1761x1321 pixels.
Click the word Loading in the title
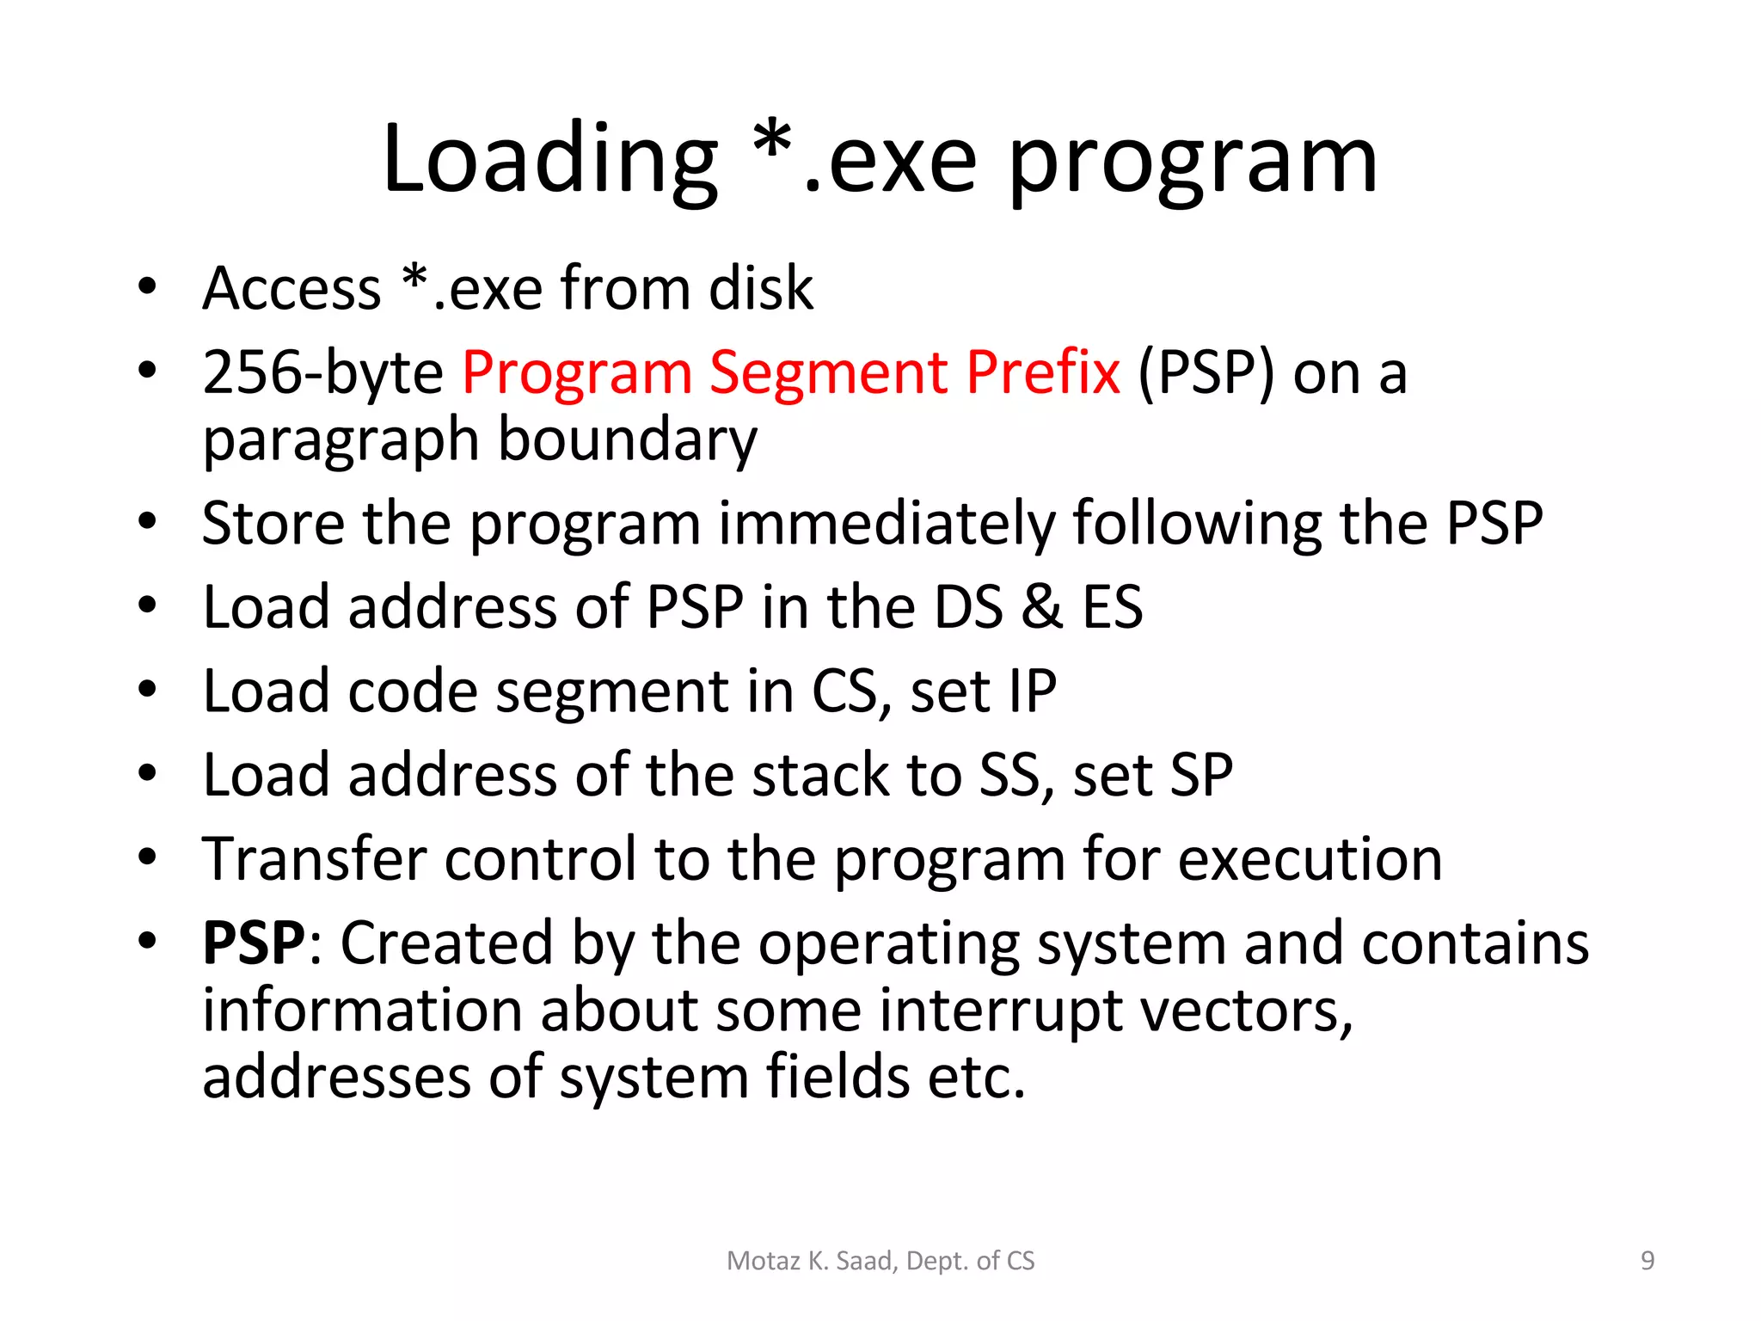click(x=549, y=160)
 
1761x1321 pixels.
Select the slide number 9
click(x=1647, y=1261)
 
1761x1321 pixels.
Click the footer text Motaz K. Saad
click(x=812, y=1261)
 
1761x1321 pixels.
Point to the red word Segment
click(x=828, y=373)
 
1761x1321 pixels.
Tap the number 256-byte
click(x=322, y=373)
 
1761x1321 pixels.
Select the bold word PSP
click(x=254, y=943)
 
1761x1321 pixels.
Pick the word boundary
click(x=628, y=440)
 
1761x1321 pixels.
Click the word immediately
click(x=886, y=523)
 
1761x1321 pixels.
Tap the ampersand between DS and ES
click(x=1041, y=606)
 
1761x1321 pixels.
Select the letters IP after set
click(x=1032, y=691)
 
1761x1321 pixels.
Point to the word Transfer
click(x=314, y=859)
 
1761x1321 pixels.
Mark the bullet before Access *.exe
click(x=148, y=286)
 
